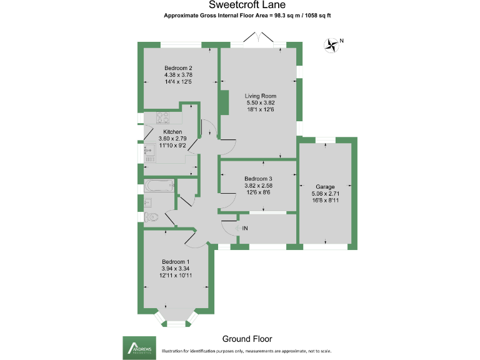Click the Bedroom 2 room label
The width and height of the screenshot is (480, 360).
[178, 68]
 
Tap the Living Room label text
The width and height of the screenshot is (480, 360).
[260, 96]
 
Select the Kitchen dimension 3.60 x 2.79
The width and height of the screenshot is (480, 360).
[172, 139]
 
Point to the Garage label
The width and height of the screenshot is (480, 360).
[325, 187]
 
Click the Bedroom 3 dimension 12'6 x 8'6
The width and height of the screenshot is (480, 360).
[258, 192]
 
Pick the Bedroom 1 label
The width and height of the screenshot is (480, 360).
[176, 262]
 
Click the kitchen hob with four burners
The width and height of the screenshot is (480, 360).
[163, 118]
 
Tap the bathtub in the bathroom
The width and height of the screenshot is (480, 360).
[159, 186]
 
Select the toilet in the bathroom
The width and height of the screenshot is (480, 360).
[151, 217]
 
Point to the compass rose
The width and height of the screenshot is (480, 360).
[331, 45]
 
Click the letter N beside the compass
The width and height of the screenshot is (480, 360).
[342, 41]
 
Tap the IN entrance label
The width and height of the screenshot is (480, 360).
[245, 228]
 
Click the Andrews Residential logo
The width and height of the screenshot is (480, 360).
[139, 348]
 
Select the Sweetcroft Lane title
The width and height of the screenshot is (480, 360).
[247, 4]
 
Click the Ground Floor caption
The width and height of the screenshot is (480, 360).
[247, 339]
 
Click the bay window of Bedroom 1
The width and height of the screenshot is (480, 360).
[176, 321]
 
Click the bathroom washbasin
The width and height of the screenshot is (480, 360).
[148, 202]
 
